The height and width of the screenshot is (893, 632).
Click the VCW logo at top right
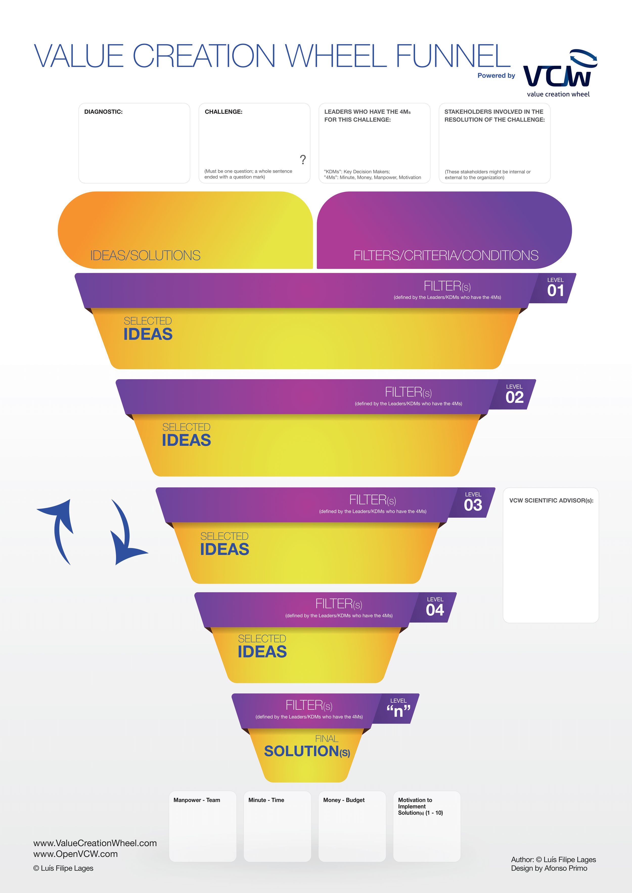click(x=560, y=72)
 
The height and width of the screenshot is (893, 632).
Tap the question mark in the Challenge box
click(x=303, y=159)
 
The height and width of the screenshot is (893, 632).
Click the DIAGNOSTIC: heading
click(x=103, y=112)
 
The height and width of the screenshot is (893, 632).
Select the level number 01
click(x=555, y=291)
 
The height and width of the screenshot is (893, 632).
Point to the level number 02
click(x=514, y=397)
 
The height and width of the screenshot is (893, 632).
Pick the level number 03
click(x=473, y=505)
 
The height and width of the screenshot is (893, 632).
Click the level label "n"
click(x=398, y=711)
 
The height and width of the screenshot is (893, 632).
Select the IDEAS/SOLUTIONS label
click(x=145, y=255)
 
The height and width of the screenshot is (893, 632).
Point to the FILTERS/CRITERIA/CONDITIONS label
click(x=446, y=255)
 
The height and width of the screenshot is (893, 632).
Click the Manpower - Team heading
click(x=196, y=800)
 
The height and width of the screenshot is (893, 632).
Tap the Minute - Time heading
click(x=266, y=800)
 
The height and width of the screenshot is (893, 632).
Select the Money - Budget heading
click(x=344, y=800)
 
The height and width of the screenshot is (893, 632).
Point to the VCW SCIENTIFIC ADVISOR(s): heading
click(x=551, y=500)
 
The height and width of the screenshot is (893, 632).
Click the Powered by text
click(x=496, y=76)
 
